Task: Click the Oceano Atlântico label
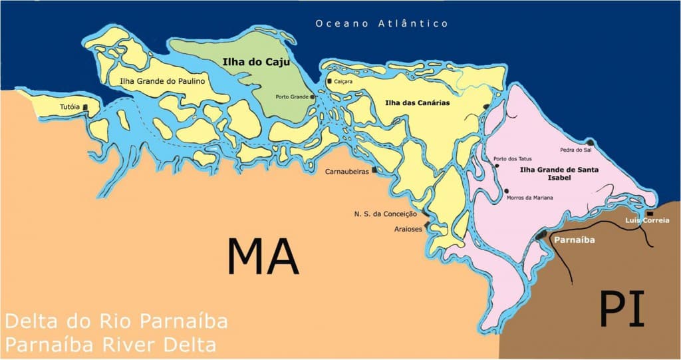point(382,24)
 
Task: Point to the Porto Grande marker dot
point(313,96)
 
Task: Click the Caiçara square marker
point(329,81)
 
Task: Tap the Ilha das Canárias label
point(418,103)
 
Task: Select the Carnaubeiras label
point(347,172)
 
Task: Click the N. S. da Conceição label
point(385,214)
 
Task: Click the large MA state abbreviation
point(263,256)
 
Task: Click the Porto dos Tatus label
point(511,158)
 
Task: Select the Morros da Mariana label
point(529,198)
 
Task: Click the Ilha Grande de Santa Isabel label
point(559,174)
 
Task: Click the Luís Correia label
point(647,220)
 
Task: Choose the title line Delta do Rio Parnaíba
point(116,321)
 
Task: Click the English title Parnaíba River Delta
point(110,345)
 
